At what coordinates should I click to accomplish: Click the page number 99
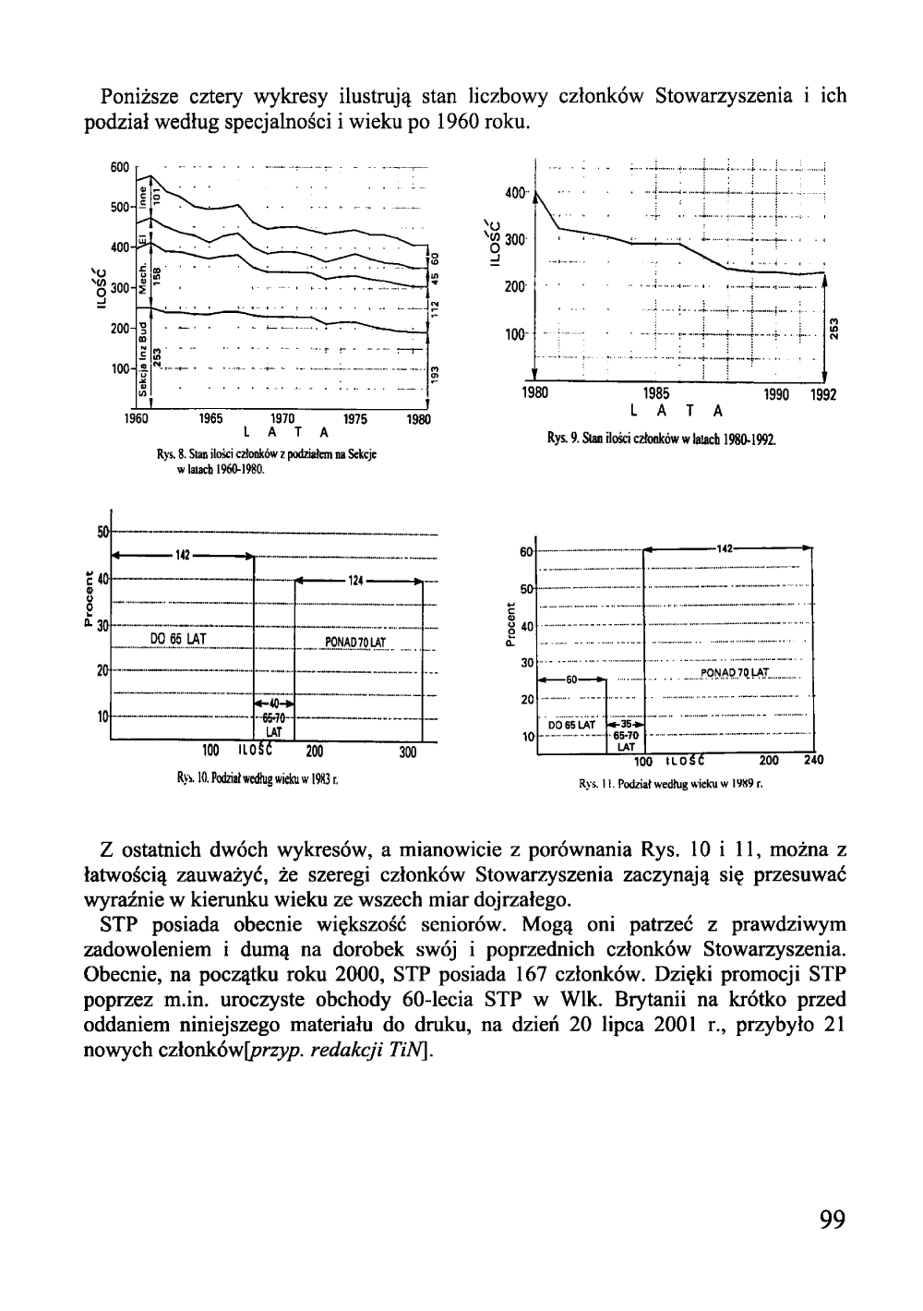click(x=832, y=1220)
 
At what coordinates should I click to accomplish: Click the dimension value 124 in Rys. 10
click(x=356, y=581)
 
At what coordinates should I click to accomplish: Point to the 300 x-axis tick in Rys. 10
click(x=408, y=752)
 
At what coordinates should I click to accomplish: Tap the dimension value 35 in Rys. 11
click(x=626, y=724)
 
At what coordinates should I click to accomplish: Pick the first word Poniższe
click(x=143, y=96)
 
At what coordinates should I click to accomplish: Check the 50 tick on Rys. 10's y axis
click(x=102, y=532)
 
